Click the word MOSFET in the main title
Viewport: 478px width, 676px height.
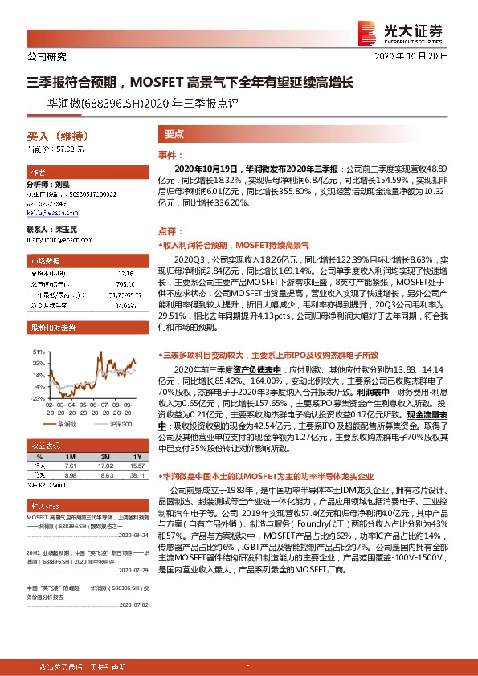tap(157, 82)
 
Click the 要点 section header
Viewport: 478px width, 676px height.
tap(174, 135)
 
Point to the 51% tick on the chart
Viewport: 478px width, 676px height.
tap(38, 352)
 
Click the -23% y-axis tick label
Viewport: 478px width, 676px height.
tap(37, 397)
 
